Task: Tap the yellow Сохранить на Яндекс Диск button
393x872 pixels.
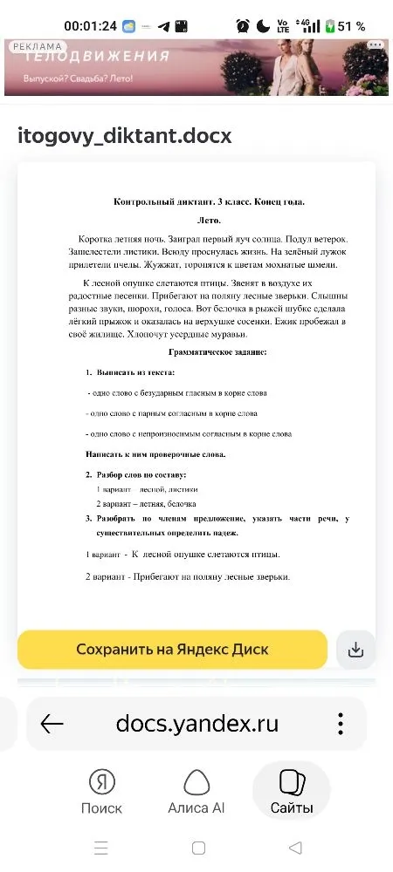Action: click(x=172, y=650)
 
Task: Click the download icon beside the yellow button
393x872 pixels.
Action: click(x=355, y=650)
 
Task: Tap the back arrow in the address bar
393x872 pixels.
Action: click(x=52, y=724)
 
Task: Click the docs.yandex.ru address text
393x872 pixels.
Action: click(x=197, y=724)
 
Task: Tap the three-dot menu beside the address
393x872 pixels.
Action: click(x=340, y=724)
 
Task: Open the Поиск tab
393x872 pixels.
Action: click(x=101, y=791)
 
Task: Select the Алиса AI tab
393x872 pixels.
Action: click(x=196, y=791)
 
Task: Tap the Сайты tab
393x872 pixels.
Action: click(x=291, y=791)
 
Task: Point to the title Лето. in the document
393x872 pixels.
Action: click(x=210, y=221)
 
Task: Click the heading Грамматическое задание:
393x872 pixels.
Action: click(x=217, y=351)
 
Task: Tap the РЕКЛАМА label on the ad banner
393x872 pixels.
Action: click(x=38, y=46)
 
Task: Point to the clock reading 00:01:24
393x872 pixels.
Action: click(x=91, y=26)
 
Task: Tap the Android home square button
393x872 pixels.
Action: click(x=198, y=848)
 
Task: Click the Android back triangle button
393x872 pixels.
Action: click(x=295, y=848)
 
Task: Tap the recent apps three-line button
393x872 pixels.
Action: click(x=101, y=848)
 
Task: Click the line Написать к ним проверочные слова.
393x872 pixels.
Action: click(x=155, y=454)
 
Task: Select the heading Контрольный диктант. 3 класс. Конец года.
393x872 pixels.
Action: click(x=210, y=201)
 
